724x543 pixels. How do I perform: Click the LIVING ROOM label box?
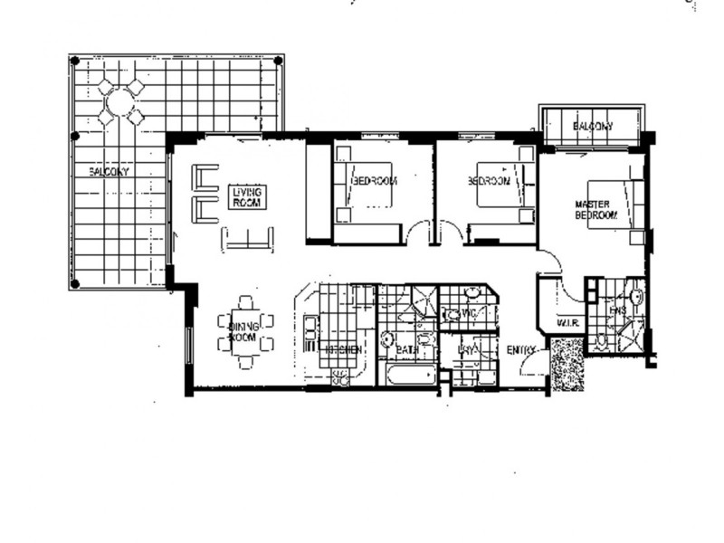click(x=245, y=197)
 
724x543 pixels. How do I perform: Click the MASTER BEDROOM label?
click(x=595, y=210)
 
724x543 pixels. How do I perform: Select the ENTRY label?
click(x=522, y=350)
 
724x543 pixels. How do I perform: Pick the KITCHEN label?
click(x=344, y=348)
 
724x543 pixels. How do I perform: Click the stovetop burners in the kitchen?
click(x=343, y=376)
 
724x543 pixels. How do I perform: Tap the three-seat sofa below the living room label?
click(x=248, y=239)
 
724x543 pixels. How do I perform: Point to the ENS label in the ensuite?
click(x=618, y=311)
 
